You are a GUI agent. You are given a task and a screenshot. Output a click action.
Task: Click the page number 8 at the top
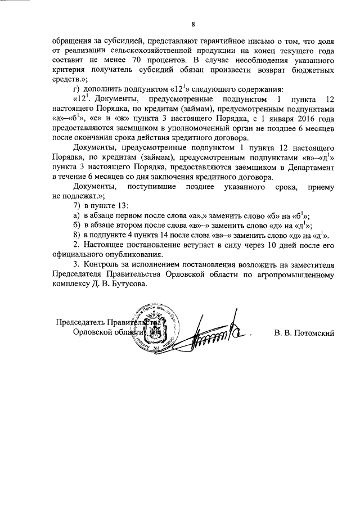pyautogui.click(x=193, y=25)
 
